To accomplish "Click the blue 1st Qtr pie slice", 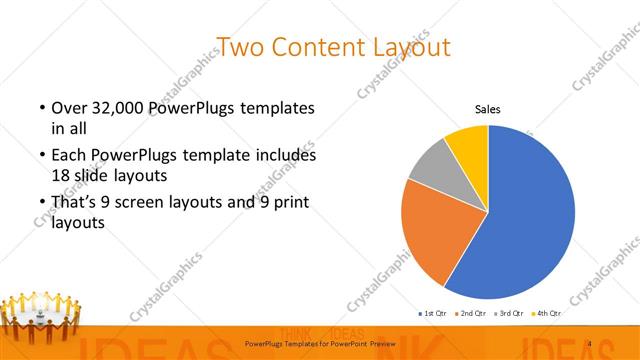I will [x=530, y=215].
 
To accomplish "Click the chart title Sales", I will [x=487, y=109].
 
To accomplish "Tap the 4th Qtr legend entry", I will [x=548, y=313].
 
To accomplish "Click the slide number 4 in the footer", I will [x=590, y=344].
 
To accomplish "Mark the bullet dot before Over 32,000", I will [x=41, y=108].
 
